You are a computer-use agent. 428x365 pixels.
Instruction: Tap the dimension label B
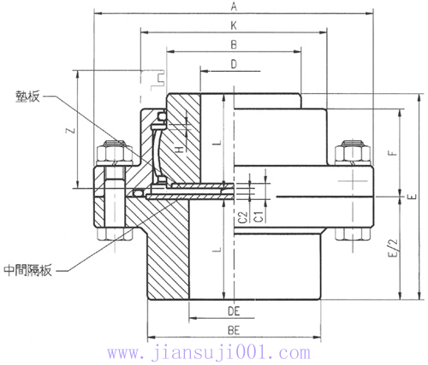pyautogui.click(x=233, y=44)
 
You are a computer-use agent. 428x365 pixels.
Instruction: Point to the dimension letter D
pyautogui.click(x=233, y=64)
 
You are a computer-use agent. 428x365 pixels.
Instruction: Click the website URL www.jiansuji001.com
pyautogui.click(x=214, y=352)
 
